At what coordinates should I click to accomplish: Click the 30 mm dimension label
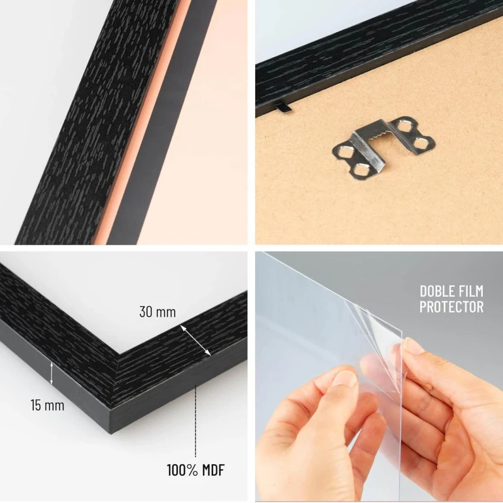pyautogui.click(x=158, y=312)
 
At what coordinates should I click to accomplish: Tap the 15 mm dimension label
pyautogui.click(x=48, y=405)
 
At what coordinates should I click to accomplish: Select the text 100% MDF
pyautogui.click(x=196, y=470)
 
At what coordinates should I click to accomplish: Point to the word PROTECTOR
pyautogui.click(x=451, y=307)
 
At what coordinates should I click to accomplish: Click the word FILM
pyautogui.click(x=472, y=291)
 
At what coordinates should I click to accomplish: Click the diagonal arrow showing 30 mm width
pyautogui.click(x=196, y=340)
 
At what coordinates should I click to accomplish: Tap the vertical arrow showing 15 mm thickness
pyautogui.click(x=52, y=373)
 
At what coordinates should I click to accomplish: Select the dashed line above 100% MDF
pyautogui.click(x=196, y=421)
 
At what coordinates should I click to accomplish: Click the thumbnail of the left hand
pyautogui.click(x=343, y=379)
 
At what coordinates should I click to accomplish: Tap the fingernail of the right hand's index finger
pyautogui.click(x=412, y=346)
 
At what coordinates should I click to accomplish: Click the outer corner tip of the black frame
pyautogui.click(x=111, y=434)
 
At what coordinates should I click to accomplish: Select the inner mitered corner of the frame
pyautogui.click(x=120, y=354)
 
